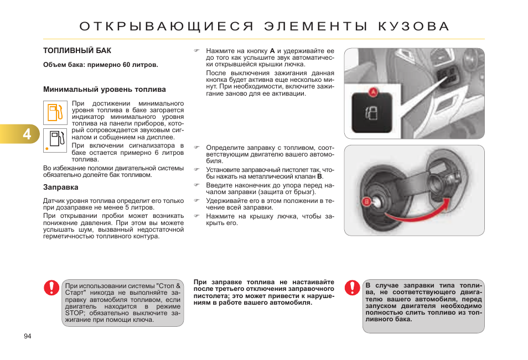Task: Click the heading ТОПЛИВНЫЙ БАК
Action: [77, 50]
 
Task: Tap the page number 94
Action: [28, 336]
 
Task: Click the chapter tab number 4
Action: [27, 134]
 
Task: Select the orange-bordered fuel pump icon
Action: [55, 113]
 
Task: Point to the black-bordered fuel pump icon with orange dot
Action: [55, 140]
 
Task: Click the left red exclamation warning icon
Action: [52, 288]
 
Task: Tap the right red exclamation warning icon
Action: [352, 288]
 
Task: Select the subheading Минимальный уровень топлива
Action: [105, 89]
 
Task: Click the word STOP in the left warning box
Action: [75, 313]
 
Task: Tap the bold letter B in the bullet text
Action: [319, 176]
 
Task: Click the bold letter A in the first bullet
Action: [272, 50]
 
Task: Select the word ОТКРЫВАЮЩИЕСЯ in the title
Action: [166, 27]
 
